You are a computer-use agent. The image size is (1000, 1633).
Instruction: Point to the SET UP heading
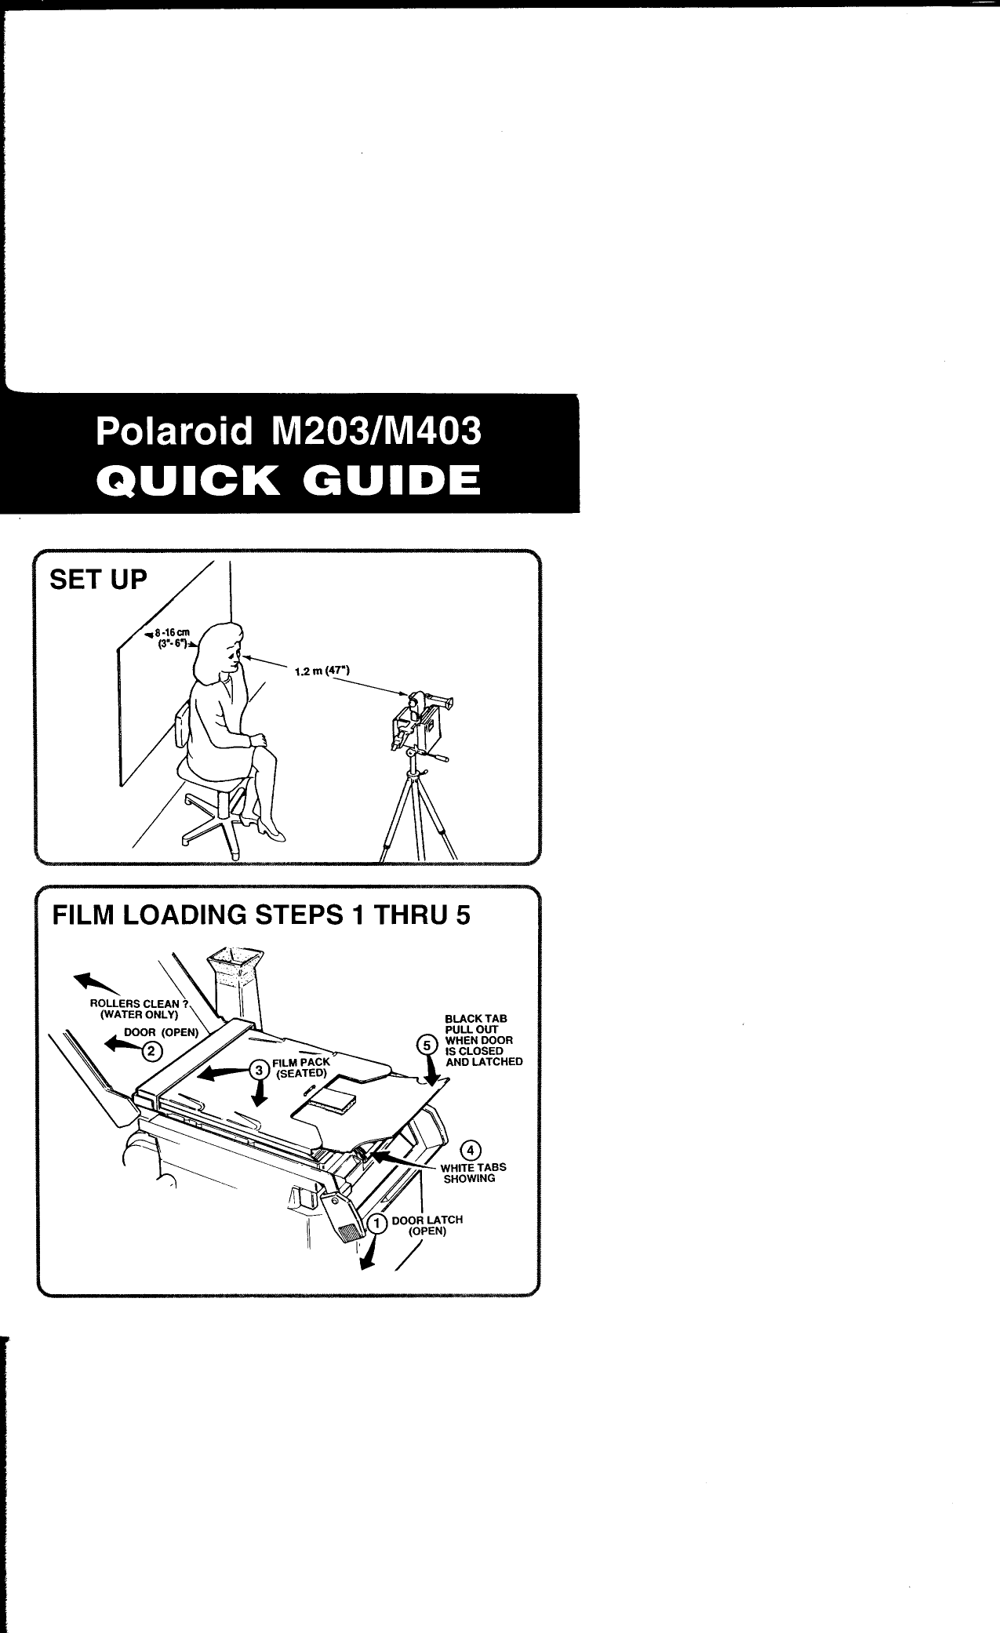point(98,580)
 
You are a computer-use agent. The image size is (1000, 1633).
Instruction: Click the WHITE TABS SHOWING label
point(473,1173)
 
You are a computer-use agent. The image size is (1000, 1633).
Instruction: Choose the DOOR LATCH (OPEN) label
point(427,1225)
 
